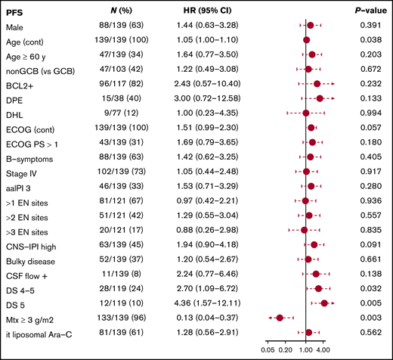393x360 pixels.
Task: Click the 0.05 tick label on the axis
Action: (268, 350)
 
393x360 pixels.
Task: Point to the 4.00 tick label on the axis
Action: (323, 350)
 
